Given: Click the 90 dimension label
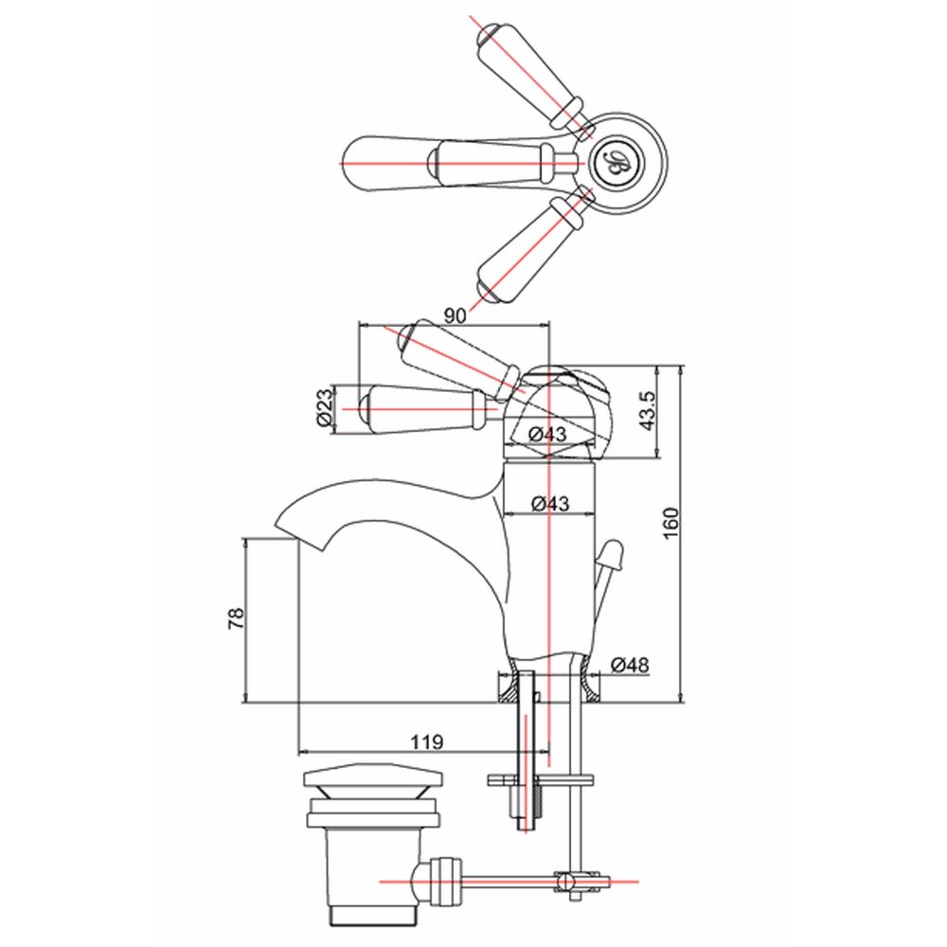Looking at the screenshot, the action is tap(456, 315).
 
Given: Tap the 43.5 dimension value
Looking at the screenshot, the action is tap(647, 411).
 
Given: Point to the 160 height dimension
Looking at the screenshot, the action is tap(671, 524).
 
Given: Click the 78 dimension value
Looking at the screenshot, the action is tap(236, 619).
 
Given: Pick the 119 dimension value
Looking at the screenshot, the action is tap(427, 742).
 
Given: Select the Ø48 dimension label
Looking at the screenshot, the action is tap(630, 665).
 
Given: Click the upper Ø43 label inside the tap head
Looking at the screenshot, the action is tap(547, 434).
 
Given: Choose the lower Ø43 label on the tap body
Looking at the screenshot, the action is tap(550, 503).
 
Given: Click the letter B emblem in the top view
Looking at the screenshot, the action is tap(617, 163).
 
